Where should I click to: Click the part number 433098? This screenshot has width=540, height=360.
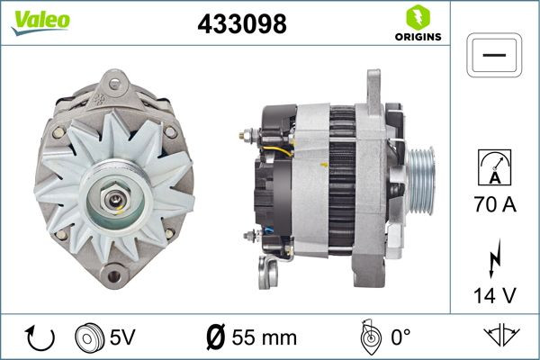coord(241,24)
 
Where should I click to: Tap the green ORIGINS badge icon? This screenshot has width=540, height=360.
coord(416,17)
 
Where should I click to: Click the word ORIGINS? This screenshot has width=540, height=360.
coord(416,37)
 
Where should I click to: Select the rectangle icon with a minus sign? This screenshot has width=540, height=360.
coord(495,55)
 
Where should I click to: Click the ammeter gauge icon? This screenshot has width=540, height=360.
coord(495,167)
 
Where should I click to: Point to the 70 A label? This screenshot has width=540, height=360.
coord(495,205)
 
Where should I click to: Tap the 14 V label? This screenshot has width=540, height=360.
coord(495,293)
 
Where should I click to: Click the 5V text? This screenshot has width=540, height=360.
coord(123,338)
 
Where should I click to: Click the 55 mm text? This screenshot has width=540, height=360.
coord(265,338)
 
